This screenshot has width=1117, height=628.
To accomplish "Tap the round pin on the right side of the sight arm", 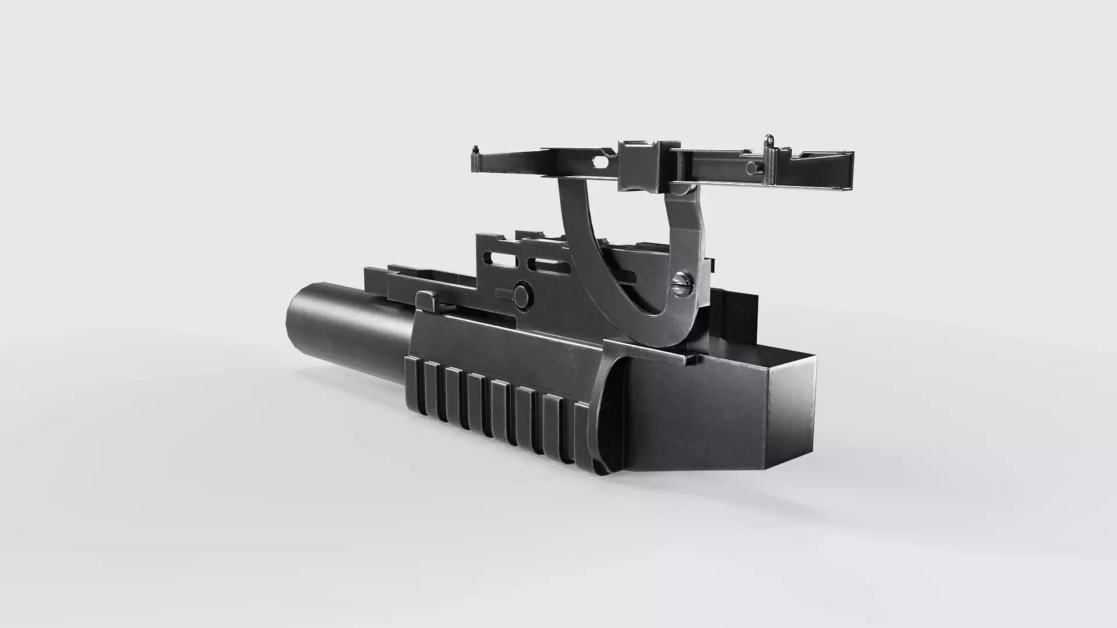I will [x=752, y=168].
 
